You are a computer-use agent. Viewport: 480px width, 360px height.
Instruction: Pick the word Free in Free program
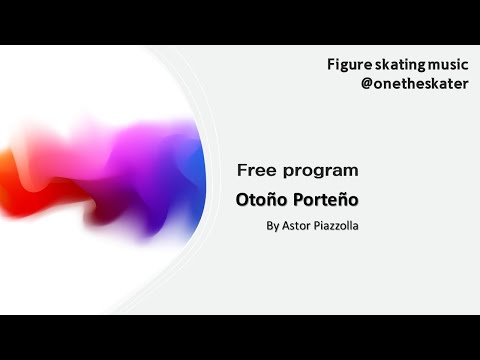[x=255, y=170]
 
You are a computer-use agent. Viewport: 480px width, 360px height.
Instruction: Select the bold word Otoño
[x=259, y=198]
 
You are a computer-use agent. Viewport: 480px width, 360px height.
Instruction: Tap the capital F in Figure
[x=331, y=64]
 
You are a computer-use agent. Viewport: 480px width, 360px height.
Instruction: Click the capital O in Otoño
[x=242, y=198]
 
